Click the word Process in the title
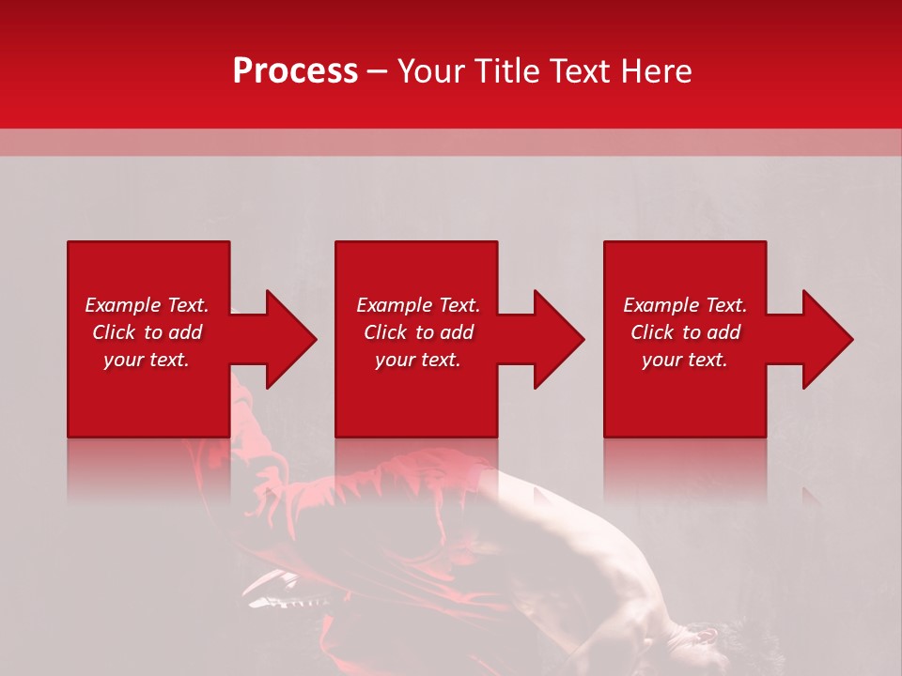(x=295, y=71)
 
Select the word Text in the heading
(x=578, y=71)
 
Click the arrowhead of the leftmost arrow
(x=290, y=339)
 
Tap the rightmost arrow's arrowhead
(x=827, y=339)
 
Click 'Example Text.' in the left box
(x=147, y=305)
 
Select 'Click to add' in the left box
(x=147, y=332)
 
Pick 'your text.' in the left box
(x=147, y=360)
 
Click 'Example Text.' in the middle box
(x=418, y=305)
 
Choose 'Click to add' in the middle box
(x=418, y=332)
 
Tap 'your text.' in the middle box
(x=418, y=360)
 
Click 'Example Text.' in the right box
(x=685, y=305)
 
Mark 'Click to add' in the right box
(x=685, y=332)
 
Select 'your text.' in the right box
(x=685, y=360)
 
